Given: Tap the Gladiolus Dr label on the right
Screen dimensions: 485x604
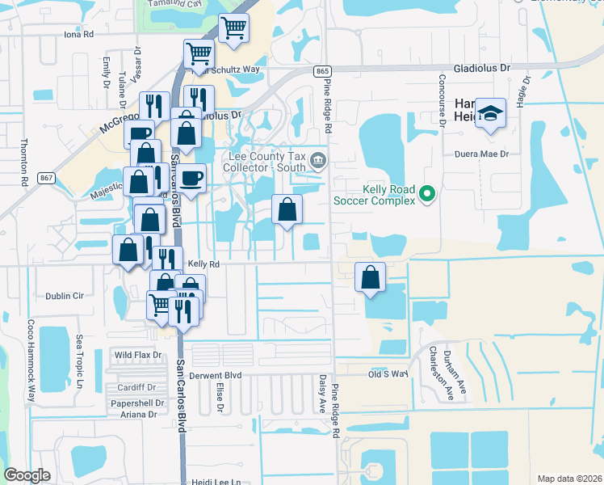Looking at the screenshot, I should pyautogui.click(x=483, y=70).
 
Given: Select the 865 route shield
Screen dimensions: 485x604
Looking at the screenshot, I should pyautogui.click(x=323, y=72).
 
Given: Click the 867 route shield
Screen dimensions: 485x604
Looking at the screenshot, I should pyautogui.click(x=46, y=177).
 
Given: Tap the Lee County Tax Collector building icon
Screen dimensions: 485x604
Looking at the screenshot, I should pyautogui.click(x=318, y=158).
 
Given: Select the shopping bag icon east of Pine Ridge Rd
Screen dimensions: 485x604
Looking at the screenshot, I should pyautogui.click(x=370, y=277).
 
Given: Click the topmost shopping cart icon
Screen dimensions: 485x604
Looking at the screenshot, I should pyautogui.click(x=233, y=29).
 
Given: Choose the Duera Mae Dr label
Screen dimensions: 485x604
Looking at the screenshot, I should pyautogui.click(x=482, y=154).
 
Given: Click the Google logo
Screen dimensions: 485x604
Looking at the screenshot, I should pyautogui.click(x=27, y=475).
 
